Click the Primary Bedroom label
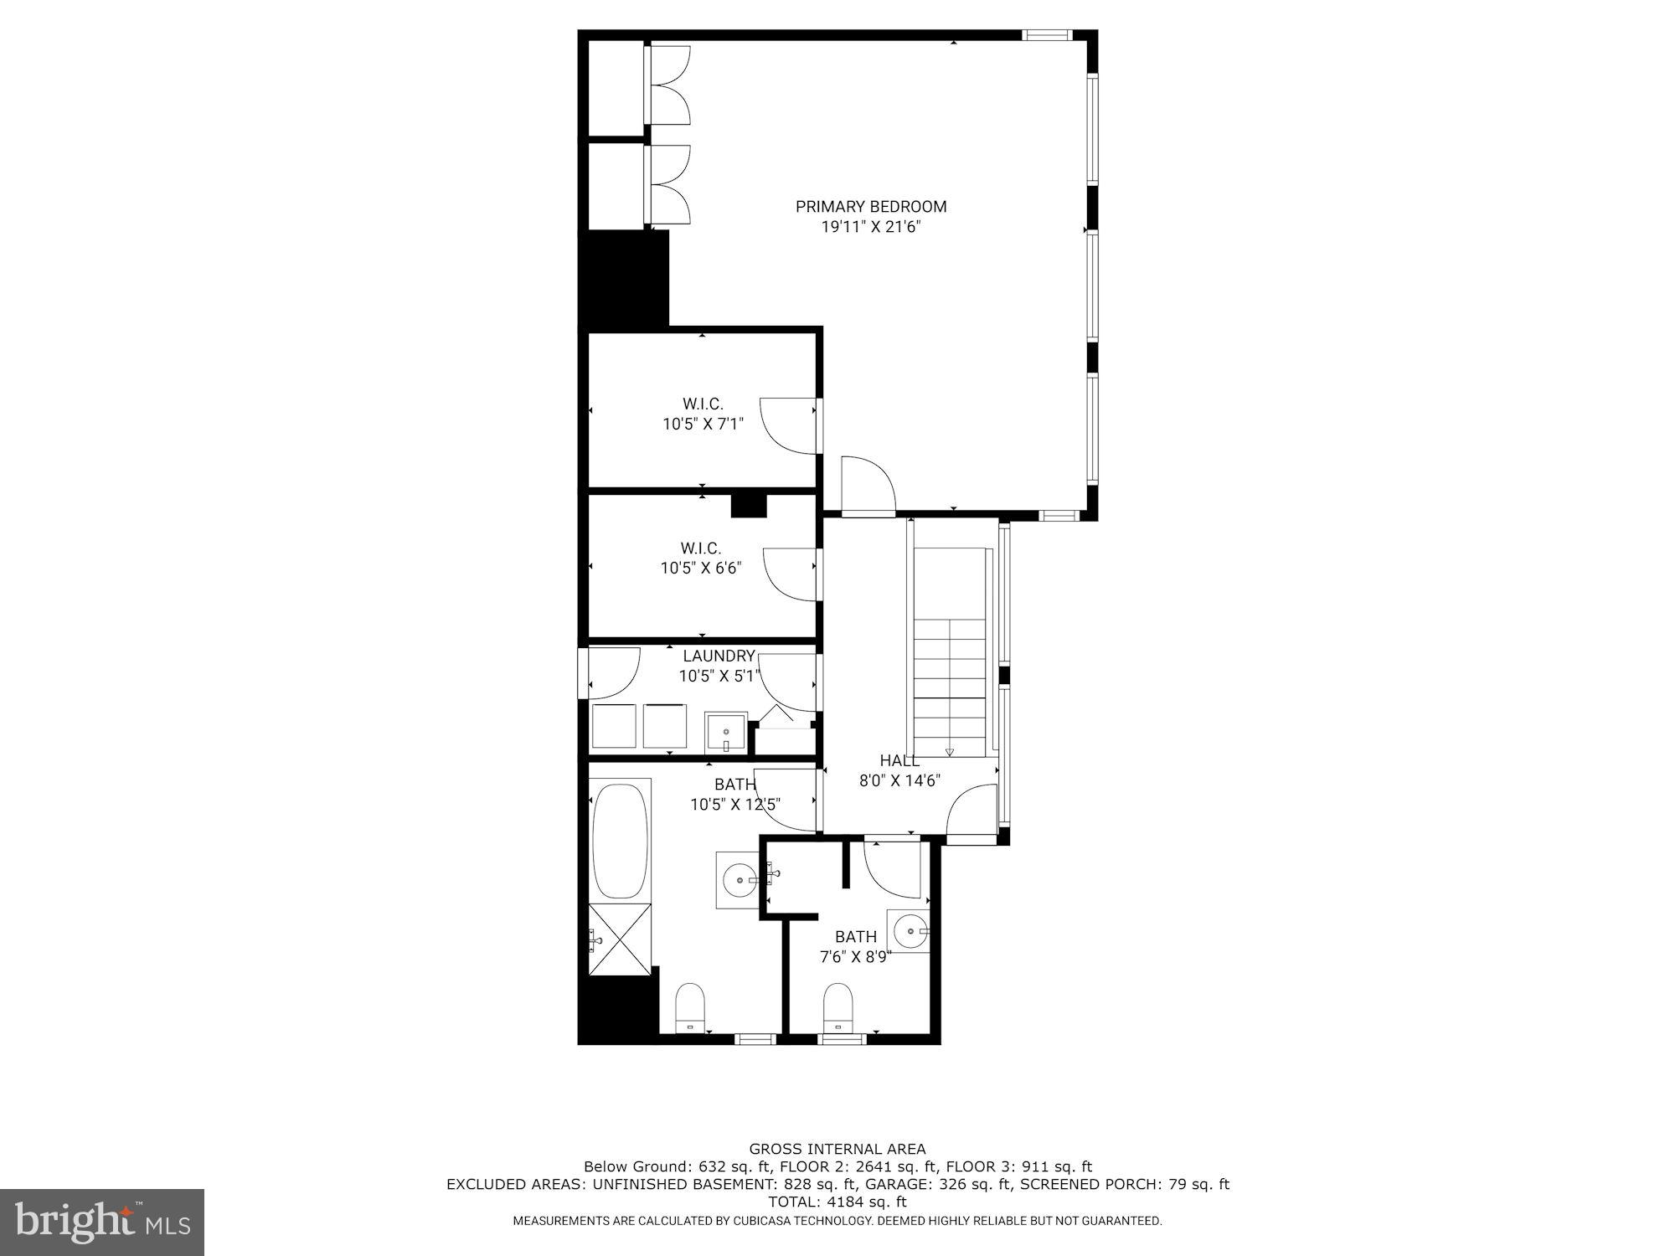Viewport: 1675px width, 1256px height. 871,206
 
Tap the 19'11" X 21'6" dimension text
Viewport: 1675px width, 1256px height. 871,227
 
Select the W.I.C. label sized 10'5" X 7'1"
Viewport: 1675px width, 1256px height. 703,404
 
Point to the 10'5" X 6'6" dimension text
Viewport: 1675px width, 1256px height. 701,568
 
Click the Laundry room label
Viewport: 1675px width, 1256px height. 719,656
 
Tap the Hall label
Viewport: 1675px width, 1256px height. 899,760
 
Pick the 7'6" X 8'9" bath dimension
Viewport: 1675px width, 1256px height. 855,956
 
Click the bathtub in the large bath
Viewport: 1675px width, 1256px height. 621,841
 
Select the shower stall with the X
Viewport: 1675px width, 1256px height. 621,939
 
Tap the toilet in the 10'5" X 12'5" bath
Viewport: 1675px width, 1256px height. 690,1007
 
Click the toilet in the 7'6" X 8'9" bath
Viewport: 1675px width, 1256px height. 837,1007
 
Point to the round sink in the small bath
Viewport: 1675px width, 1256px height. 910,929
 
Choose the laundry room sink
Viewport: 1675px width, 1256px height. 725,734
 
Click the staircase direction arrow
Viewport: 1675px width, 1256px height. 949,752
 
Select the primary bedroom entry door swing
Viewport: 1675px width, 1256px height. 869,484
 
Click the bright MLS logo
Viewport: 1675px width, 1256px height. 102,1223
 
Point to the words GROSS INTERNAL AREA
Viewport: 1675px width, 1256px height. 837,1149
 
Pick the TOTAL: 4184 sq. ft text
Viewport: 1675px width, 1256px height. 837,1202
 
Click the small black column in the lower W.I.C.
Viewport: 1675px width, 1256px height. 749,506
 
